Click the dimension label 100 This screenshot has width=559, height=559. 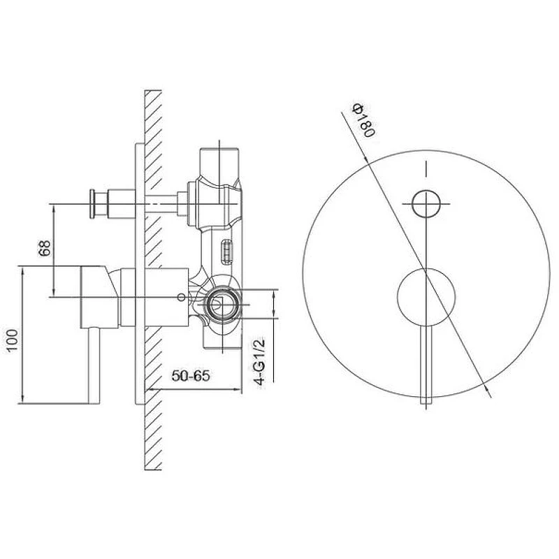point(13,340)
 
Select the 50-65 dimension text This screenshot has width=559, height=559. point(191,375)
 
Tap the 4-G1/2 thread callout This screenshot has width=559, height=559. point(260,361)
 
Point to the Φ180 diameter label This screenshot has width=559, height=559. point(363,120)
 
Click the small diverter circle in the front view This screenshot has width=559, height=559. point(426,203)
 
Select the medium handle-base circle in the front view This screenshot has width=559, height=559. point(426,296)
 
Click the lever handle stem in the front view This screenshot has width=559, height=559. point(426,364)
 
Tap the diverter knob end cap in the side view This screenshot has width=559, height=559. point(92,203)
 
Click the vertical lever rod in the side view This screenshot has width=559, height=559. point(94,365)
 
